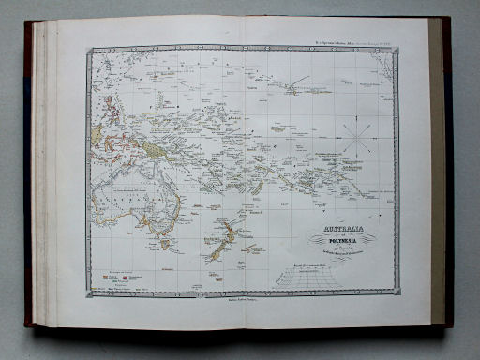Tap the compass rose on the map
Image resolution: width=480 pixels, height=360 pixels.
coord(355,136)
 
